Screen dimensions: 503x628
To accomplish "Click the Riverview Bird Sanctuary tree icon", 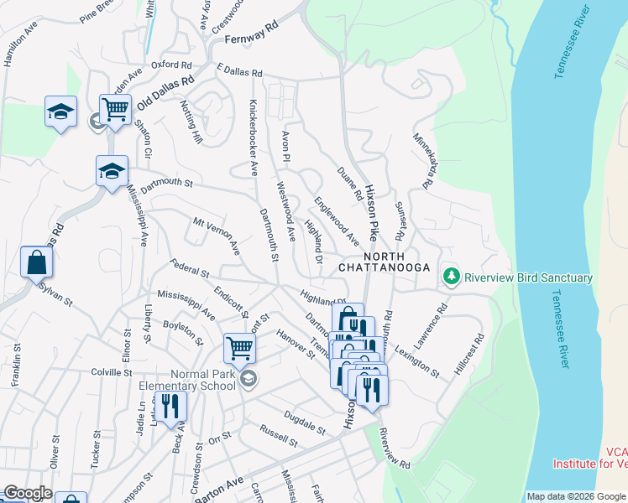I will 452,277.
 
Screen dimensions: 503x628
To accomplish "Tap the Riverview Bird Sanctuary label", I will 528,277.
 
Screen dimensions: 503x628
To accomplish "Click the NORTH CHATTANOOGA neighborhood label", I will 384,262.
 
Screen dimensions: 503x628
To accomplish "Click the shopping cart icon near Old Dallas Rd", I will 115,108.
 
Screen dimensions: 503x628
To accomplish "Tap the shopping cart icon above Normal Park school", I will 239,347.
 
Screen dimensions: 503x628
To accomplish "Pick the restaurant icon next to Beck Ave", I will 170,406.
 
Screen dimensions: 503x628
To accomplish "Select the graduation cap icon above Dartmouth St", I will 111,171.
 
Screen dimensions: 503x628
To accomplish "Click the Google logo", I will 27,494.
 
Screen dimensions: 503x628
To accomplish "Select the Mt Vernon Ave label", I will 217,236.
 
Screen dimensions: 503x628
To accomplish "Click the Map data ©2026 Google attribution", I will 575,496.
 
